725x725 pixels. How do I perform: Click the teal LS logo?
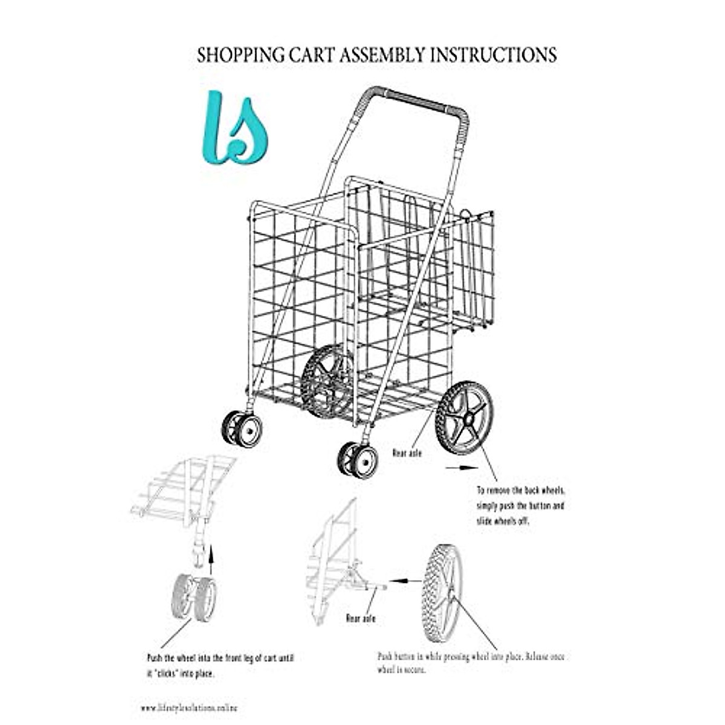tap(234, 128)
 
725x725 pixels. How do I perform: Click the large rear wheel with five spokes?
tap(465, 417)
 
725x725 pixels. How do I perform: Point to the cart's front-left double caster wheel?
tap(242, 429)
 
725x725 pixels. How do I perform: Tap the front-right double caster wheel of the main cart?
tap(358, 460)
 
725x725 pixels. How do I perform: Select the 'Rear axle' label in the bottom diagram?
tap(361, 618)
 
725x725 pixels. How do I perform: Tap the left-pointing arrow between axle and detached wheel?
tap(396, 580)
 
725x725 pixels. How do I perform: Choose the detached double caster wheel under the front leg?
tap(194, 598)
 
